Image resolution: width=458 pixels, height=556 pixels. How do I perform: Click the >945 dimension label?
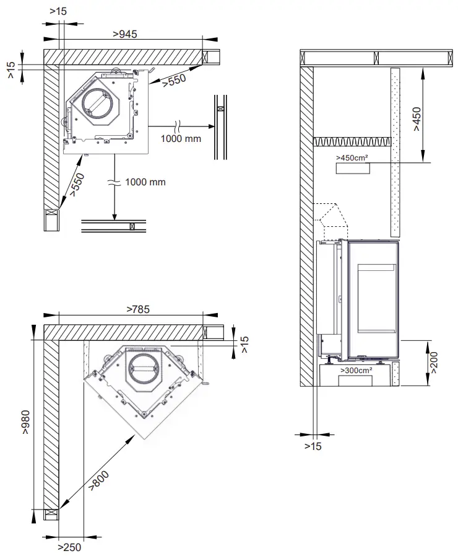point(125,34)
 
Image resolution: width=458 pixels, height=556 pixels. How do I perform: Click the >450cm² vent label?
point(352,158)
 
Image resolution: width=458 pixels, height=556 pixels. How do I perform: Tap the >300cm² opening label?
point(355,370)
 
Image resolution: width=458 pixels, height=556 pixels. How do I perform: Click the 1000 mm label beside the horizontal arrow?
point(180,138)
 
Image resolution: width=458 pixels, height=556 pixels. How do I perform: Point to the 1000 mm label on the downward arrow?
point(145,182)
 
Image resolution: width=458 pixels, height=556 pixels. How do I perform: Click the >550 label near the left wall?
point(76,184)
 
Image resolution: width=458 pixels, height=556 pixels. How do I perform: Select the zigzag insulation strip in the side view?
point(352,142)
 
